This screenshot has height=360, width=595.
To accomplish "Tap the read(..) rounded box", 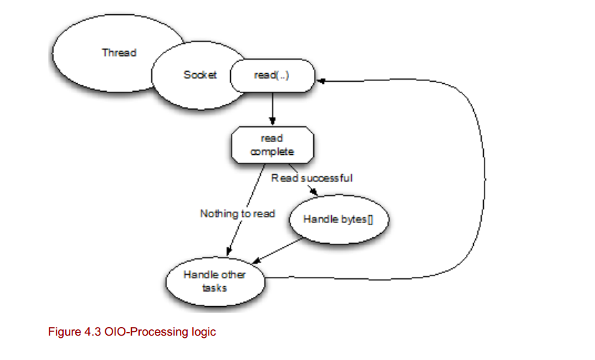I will tap(272, 75).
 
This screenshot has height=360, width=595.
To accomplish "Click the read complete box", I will tap(272, 146).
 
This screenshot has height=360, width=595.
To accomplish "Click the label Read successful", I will tap(312, 177).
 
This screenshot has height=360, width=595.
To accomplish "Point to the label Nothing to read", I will tap(237, 213).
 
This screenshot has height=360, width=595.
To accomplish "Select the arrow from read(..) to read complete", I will tap(272, 108).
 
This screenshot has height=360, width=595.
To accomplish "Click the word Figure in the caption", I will tap(62, 332).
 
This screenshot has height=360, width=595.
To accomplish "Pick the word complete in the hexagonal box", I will tap(272, 152).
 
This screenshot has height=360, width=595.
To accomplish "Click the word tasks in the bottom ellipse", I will tap(215, 288).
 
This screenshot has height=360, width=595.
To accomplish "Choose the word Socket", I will tap(199, 75).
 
